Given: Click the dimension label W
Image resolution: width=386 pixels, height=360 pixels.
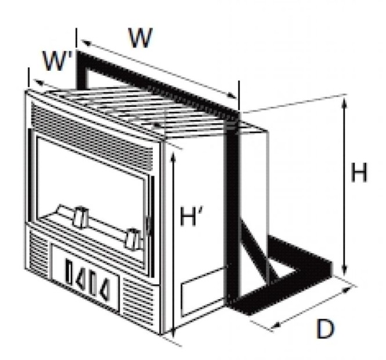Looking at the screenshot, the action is click(140, 38).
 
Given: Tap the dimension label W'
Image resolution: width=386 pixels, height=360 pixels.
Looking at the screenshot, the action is click(57, 60).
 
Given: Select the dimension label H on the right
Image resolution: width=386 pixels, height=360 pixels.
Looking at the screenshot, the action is click(359, 172).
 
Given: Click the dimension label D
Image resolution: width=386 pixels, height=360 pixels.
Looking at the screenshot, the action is click(325, 329).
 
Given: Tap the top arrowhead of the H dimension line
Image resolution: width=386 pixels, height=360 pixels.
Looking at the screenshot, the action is click(345, 102).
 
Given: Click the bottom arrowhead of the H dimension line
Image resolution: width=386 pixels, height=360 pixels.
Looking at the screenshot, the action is click(345, 269).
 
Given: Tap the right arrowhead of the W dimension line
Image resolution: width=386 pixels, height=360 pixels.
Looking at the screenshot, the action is click(232, 96).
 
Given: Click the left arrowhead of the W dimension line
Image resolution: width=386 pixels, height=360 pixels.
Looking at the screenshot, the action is click(86, 42).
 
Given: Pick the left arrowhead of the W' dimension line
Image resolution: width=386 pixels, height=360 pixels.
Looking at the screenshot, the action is click(38, 82).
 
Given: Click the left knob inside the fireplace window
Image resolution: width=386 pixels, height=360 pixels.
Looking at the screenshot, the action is click(81, 217).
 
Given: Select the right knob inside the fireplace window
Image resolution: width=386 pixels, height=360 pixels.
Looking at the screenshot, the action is click(133, 239).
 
